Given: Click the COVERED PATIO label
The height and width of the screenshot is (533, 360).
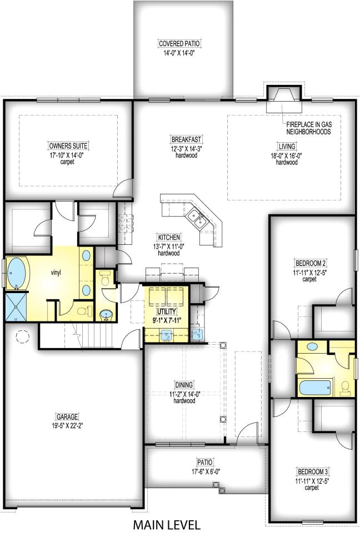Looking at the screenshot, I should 179,43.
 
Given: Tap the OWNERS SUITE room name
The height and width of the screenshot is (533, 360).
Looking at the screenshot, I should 68,146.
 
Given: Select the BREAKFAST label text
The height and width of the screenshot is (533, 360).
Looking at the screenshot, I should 186,139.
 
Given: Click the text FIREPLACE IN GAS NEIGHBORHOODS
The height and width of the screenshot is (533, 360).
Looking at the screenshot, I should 308,129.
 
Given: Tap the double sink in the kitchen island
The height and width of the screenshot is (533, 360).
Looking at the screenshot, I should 197,218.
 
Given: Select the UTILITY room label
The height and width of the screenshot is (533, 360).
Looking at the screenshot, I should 166,311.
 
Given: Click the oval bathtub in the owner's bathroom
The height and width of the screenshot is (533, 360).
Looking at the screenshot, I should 16,273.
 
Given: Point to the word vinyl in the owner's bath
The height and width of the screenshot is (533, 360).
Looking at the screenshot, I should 56,273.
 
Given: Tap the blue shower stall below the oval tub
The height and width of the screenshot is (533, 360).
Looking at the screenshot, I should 16,307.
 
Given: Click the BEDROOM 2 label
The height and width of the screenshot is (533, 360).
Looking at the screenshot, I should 309,263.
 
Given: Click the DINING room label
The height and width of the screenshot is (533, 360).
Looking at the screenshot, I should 184,384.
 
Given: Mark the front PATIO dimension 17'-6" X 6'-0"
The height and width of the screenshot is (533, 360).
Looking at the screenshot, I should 204,470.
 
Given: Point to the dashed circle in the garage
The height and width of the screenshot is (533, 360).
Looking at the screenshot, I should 24,337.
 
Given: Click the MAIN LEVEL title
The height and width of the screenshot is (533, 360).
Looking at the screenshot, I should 166,524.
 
